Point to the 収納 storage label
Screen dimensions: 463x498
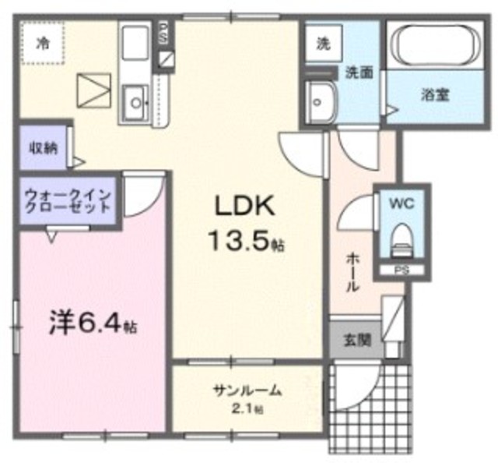click(43, 148)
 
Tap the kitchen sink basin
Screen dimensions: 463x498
click(136, 101)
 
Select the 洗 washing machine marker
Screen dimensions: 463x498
click(322, 44)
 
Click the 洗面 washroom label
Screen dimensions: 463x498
click(359, 72)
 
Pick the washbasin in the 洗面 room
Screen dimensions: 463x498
click(320, 97)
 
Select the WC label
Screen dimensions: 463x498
click(401, 205)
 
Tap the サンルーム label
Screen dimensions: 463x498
click(247, 391)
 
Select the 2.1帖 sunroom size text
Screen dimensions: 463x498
click(247, 408)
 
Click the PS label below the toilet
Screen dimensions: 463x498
click(400, 270)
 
